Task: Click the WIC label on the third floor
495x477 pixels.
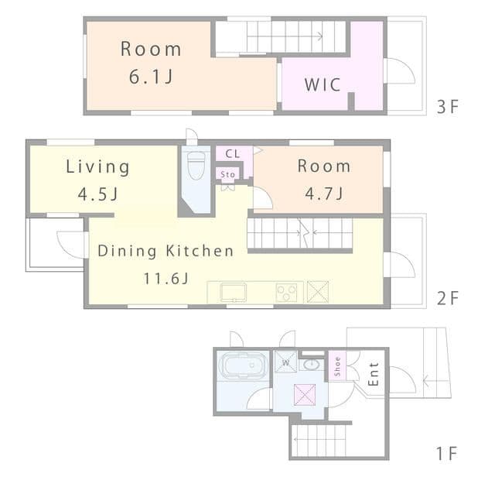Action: [x=323, y=84]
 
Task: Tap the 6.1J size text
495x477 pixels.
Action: [x=151, y=76]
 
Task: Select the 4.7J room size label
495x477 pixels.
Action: [x=324, y=193]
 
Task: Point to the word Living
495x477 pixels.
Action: [x=97, y=166]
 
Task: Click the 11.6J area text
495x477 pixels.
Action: [x=166, y=278]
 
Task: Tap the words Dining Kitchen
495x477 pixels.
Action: [x=166, y=251]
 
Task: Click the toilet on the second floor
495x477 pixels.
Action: [x=196, y=165]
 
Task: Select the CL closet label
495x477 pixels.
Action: [x=233, y=154]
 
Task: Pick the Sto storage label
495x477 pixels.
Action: [x=227, y=174]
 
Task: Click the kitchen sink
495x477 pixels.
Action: [x=234, y=293]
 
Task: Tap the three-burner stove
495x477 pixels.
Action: [x=286, y=293]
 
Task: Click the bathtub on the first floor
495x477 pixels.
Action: [x=243, y=365]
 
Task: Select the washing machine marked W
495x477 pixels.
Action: [x=285, y=362]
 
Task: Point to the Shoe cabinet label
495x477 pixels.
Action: [x=337, y=366]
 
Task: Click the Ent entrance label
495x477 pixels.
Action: [x=374, y=374]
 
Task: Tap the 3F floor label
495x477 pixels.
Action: [x=447, y=107]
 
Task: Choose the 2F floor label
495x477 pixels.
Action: [x=447, y=298]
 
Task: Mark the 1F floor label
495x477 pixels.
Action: [x=447, y=454]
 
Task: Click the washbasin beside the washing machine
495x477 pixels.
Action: [x=312, y=365]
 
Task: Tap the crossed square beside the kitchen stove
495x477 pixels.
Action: [x=318, y=292]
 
